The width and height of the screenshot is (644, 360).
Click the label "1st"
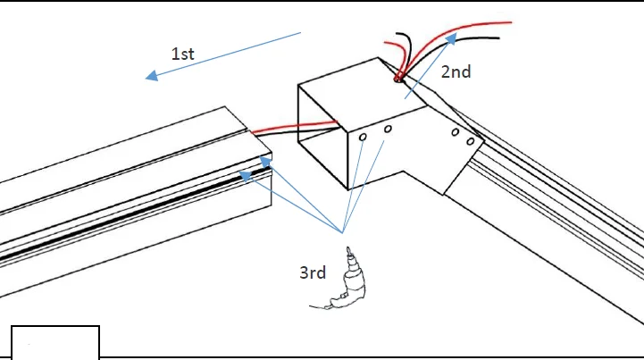pos(182,54)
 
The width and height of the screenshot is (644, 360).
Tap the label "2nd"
pos(456,72)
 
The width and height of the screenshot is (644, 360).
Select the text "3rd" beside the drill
pos(313,272)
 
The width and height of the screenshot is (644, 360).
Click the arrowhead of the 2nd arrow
pos(454,37)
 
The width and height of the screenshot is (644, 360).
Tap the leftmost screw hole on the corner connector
pos(364,138)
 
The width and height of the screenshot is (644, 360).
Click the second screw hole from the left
pos(388,130)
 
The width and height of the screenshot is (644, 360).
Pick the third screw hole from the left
pos(456,133)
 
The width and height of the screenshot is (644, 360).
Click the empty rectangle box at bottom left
pos(54,343)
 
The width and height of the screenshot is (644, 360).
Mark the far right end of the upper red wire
pos(510,21)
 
